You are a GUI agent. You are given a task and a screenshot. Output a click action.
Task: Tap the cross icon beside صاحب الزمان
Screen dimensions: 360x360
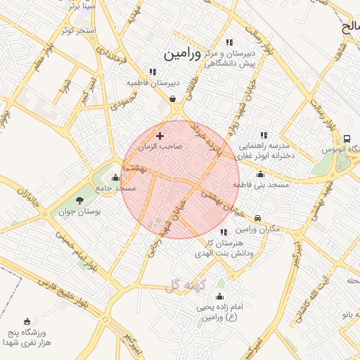pyautogui.click(x=160, y=136)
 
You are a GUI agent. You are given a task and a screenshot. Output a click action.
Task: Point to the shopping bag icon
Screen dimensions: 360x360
pyautogui.click(x=173, y=98)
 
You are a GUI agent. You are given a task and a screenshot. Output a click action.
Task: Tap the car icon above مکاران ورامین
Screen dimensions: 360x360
pyautogui.click(x=258, y=219)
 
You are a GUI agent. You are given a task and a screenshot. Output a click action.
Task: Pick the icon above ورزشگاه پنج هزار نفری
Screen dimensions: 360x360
pyautogui.click(x=27, y=321)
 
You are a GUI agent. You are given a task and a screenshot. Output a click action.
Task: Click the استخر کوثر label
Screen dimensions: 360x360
pyautogui.click(x=77, y=31)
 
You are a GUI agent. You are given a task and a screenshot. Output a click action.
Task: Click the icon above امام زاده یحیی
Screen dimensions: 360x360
pyautogui.click(x=220, y=297)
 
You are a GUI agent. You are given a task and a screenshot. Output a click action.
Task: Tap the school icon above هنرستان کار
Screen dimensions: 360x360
pyautogui.click(x=224, y=233)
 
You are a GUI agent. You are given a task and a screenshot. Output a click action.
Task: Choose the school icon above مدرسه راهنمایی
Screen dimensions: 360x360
pyautogui.click(x=264, y=134)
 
